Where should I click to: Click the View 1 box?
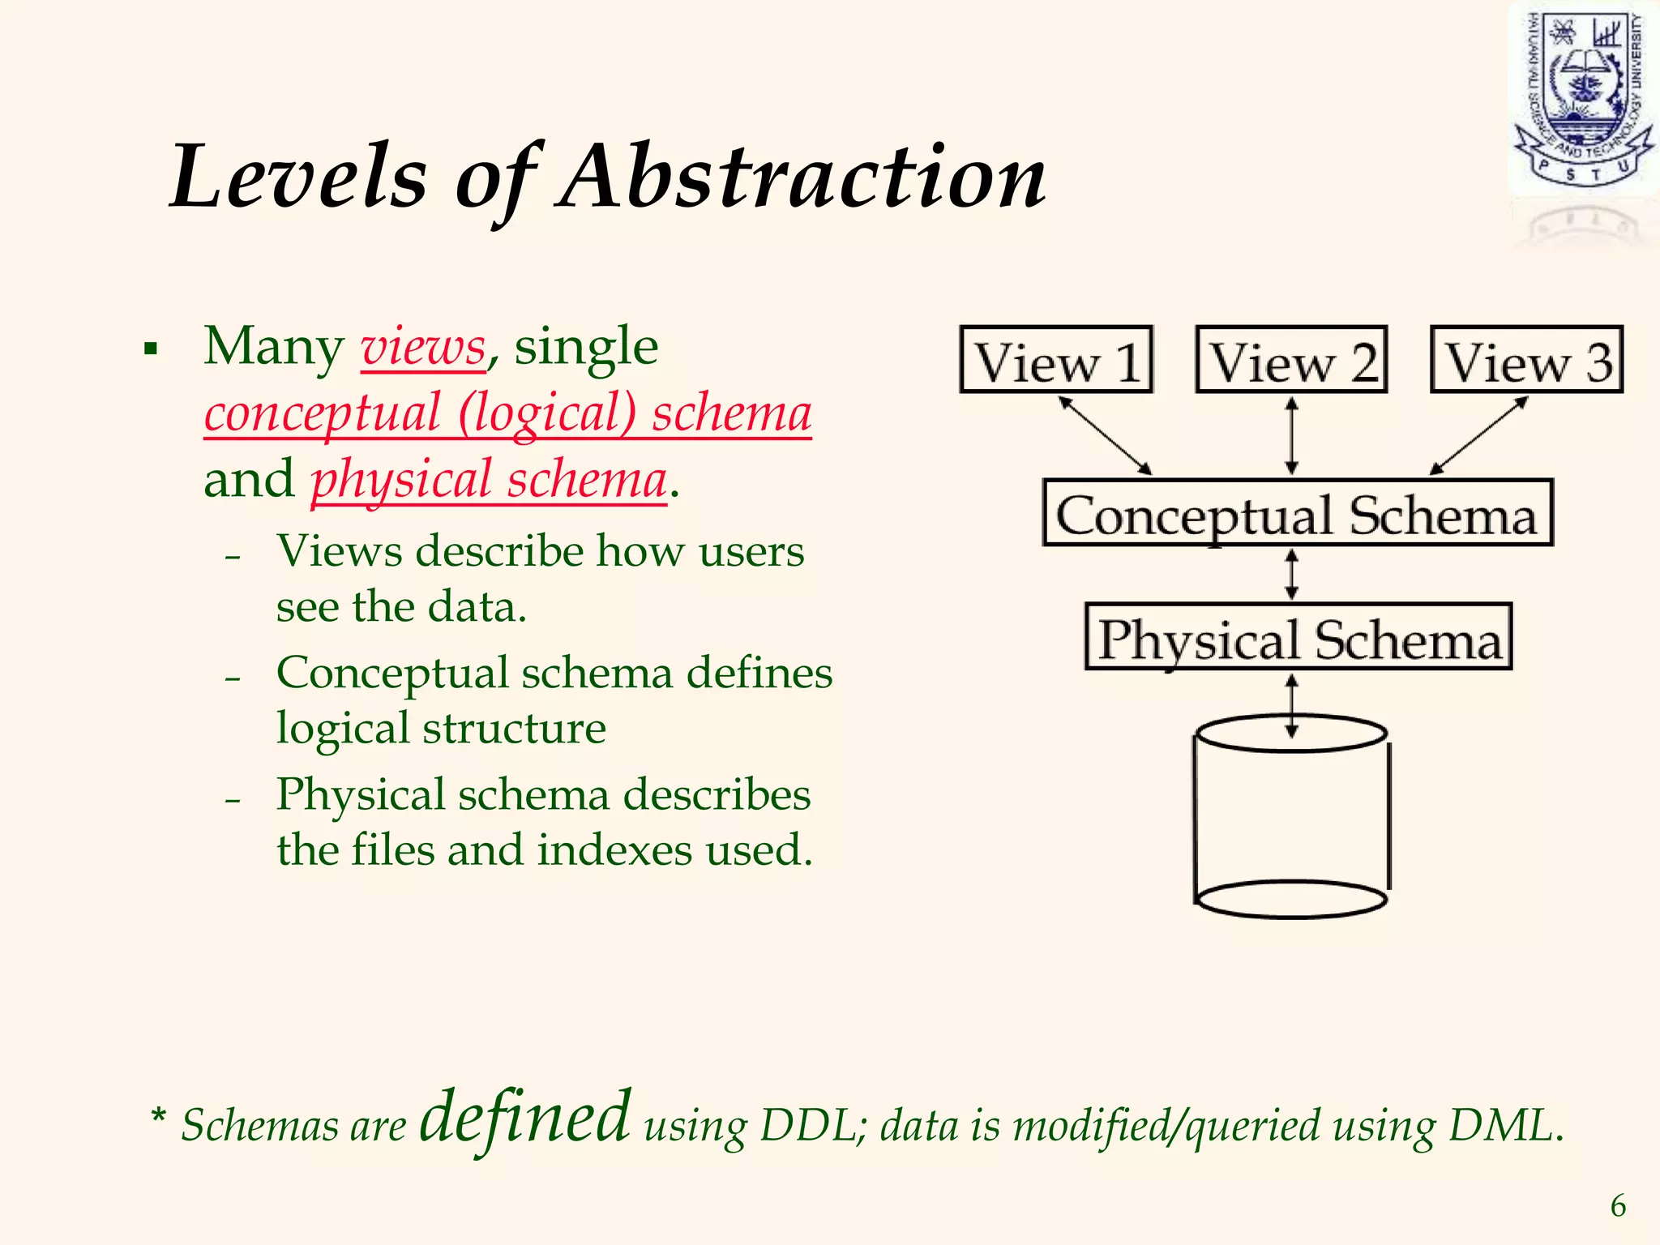click(1055, 360)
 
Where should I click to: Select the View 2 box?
click(1291, 360)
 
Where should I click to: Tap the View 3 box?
click(1526, 360)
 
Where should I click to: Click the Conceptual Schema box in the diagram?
click(1297, 513)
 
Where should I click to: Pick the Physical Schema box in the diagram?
click(1298, 637)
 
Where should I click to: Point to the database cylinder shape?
click(1291, 819)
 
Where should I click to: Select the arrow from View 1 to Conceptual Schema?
click(1105, 435)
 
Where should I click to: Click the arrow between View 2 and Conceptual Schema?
click(1292, 435)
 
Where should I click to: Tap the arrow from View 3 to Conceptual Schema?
click(1478, 435)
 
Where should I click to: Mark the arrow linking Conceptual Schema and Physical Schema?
click(1292, 575)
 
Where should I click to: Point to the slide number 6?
click(1618, 1206)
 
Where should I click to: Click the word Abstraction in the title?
click(802, 177)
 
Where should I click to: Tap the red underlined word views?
click(423, 349)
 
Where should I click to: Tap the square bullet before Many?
click(150, 350)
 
